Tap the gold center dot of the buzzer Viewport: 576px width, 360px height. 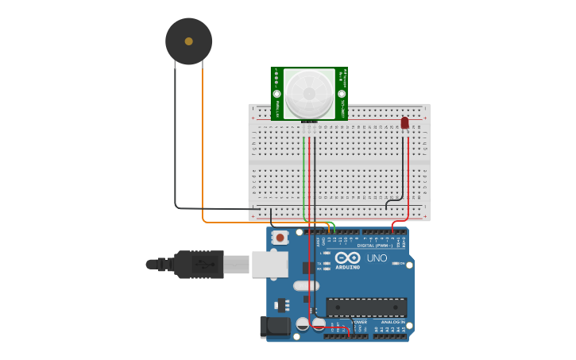coord(188,41)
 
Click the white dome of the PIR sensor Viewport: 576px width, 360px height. coord(309,93)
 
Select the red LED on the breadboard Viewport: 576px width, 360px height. coord(404,123)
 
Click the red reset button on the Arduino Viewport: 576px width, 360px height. coord(280,237)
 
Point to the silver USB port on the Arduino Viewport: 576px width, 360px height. coord(269,264)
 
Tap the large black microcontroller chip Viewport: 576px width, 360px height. coord(366,307)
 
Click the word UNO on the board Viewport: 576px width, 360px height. coord(377,258)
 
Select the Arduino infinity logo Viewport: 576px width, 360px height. coord(347,257)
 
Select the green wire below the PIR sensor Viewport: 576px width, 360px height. coord(303,175)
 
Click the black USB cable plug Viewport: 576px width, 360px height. coord(199,264)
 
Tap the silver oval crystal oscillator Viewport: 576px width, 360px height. coord(306,285)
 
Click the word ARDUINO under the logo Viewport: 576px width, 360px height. coord(347,268)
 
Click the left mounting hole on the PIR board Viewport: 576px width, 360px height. coord(277,93)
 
